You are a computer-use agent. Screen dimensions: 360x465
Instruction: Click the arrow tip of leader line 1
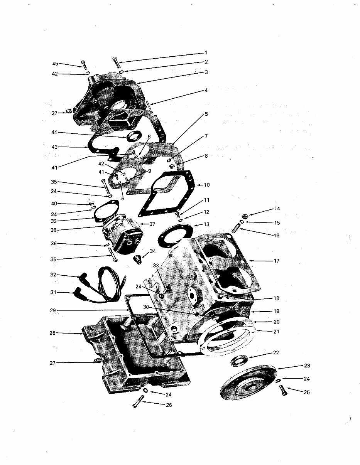pyautogui.click(x=119, y=62)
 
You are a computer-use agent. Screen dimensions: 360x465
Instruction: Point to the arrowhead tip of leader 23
pyautogui.click(x=278, y=369)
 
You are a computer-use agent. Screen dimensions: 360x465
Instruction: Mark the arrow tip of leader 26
pyautogui.click(x=142, y=402)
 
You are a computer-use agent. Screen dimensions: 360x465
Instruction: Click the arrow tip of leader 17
pyautogui.click(x=249, y=261)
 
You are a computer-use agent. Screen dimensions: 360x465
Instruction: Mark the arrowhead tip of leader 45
pyautogui.click(x=83, y=67)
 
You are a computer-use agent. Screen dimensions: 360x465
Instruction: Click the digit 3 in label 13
pyautogui.click(x=208, y=224)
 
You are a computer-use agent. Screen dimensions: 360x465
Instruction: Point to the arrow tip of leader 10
pyautogui.click(x=197, y=185)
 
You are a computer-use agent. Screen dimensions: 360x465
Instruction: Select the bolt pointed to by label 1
pyautogui.click(x=115, y=62)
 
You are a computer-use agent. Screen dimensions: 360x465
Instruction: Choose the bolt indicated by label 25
pyautogui.click(x=283, y=390)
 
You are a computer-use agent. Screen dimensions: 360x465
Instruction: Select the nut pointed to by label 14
pyautogui.click(x=245, y=216)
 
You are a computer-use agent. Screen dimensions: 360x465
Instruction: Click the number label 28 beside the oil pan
pyautogui.click(x=53, y=333)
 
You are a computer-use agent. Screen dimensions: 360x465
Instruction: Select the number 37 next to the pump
pyautogui.click(x=152, y=224)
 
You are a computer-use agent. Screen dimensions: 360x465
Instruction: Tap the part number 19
pyautogui.click(x=277, y=311)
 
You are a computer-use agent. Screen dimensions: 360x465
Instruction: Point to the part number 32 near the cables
pyautogui.click(x=53, y=275)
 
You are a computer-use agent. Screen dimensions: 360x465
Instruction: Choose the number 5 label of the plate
pyautogui.click(x=206, y=114)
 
